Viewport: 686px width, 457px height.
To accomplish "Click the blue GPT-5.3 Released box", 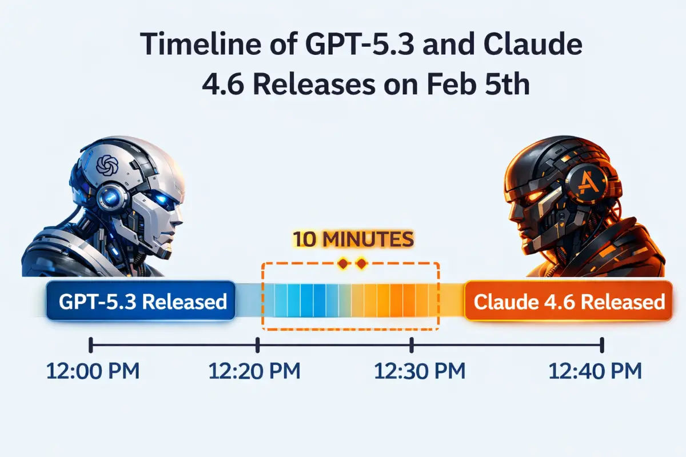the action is point(141,300).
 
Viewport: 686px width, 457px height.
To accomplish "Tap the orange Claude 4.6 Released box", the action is point(569,300).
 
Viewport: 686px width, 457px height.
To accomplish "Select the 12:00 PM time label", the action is point(93,371).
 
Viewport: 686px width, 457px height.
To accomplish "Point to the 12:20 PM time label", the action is point(254,371).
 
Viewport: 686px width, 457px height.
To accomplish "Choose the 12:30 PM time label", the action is point(420,371).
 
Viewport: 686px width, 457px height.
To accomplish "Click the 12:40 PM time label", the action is point(595,371).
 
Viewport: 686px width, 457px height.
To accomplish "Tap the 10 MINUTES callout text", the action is point(353,239).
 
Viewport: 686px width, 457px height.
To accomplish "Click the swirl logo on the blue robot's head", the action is point(107,166).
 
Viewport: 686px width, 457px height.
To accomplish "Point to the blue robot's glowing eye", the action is point(161,199).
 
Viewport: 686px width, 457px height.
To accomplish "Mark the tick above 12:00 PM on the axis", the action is point(91,345).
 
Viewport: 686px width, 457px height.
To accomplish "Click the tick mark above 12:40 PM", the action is point(602,345).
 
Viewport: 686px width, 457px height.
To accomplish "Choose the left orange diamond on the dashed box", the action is point(343,263).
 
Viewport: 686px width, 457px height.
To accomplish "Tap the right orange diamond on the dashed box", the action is point(362,263).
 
